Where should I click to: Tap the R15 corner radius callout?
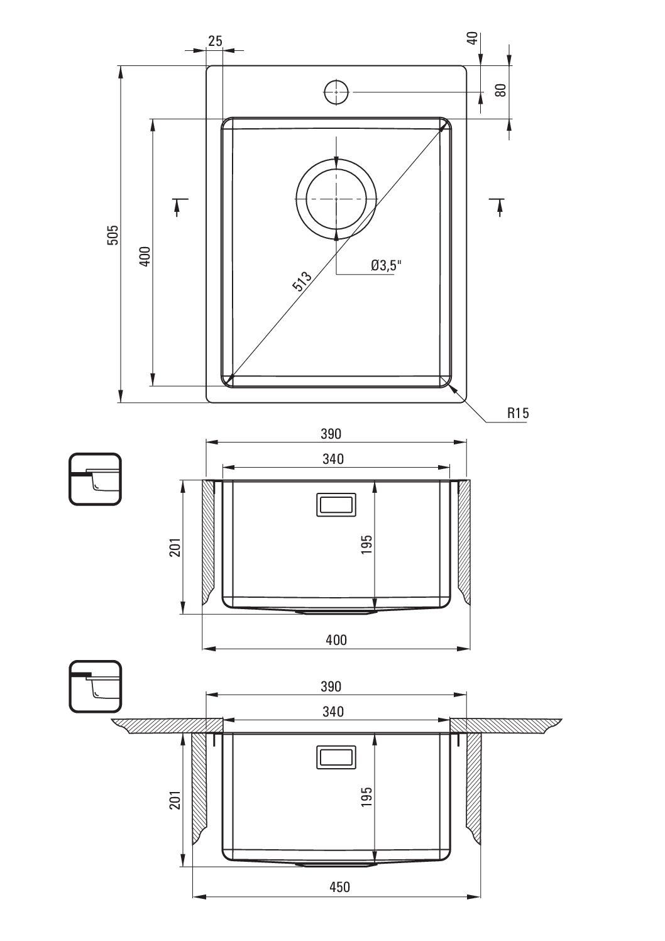click(x=518, y=413)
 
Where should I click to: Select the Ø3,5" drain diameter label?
click(x=387, y=265)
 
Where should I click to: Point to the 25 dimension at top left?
click(x=215, y=41)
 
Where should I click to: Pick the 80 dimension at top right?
click(x=500, y=91)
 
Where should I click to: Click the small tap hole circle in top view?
click(x=336, y=92)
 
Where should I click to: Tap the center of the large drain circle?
click(x=336, y=199)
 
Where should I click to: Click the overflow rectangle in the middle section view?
click(x=336, y=505)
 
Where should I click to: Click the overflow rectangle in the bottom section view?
click(x=336, y=757)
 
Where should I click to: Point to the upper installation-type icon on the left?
click(x=95, y=479)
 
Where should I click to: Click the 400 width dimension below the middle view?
click(x=336, y=640)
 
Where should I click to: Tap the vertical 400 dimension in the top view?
click(x=145, y=256)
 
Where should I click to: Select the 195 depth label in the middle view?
click(x=366, y=544)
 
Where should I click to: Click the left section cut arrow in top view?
click(x=180, y=206)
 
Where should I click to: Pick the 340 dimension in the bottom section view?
click(x=333, y=711)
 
